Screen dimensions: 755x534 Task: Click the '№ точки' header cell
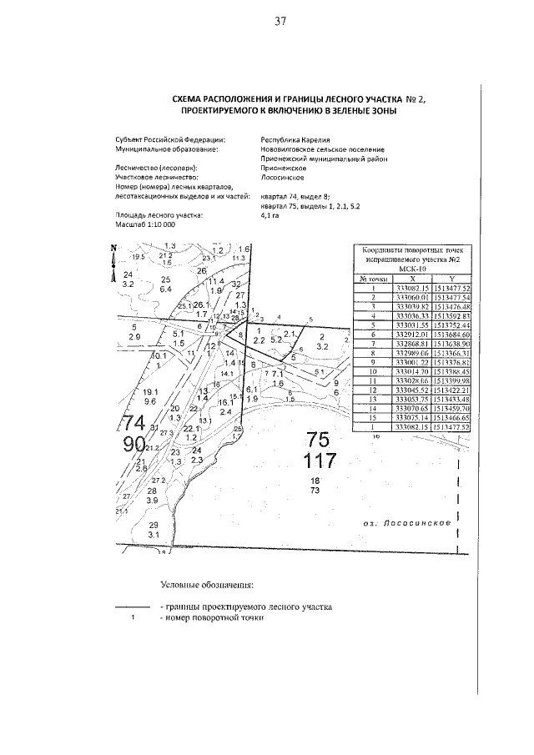click(x=369, y=279)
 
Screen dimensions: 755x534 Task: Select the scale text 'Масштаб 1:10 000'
click(x=146, y=224)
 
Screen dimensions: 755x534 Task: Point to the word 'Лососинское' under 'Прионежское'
click(x=283, y=178)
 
